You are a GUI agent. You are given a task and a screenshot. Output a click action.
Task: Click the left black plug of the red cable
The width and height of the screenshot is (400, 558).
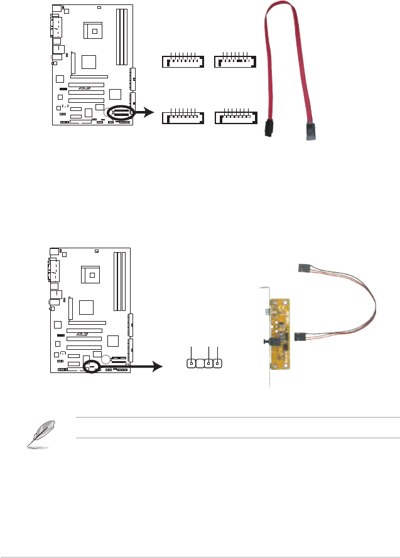pos(270,128)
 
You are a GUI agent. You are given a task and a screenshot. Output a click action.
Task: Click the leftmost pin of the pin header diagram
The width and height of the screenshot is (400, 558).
pos(192,363)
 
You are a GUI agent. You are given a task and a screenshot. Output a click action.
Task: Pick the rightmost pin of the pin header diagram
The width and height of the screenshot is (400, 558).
pos(217,363)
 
